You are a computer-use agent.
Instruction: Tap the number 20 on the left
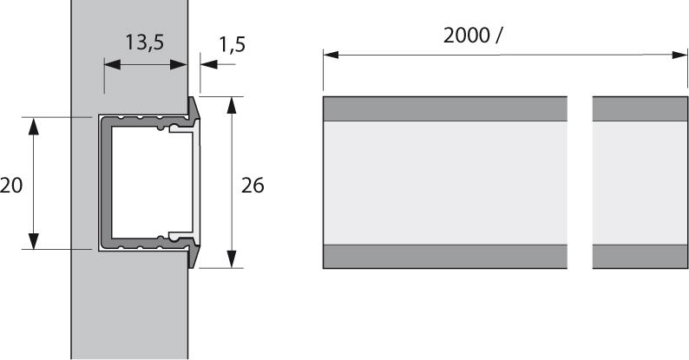(x=11, y=184)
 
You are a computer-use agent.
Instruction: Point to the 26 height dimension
(x=252, y=185)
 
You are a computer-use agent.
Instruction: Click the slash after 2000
(x=499, y=36)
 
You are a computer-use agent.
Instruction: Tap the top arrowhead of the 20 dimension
(x=33, y=125)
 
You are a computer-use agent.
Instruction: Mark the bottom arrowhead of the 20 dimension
(x=33, y=241)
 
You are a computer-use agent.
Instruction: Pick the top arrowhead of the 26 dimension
(x=232, y=105)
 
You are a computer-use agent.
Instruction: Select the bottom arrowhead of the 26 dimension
(x=232, y=259)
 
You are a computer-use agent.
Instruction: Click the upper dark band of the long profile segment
(x=444, y=108)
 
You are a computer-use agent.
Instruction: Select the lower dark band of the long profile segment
(x=444, y=257)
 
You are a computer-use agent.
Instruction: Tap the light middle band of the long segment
(x=444, y=182)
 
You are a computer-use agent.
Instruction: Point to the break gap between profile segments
(x=580, y=182)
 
